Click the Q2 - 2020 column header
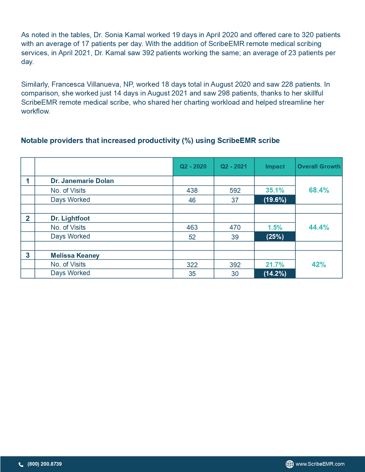point(193,166)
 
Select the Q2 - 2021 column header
point(234,166)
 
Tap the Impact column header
point(275,166)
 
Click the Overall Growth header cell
point(319,166)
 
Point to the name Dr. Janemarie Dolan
point(82,181)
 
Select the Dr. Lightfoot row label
point(70,218)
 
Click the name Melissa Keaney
point(75,255)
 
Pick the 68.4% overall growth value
point(319,190)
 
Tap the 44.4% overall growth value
point(319,227)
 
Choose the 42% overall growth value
point(319,265)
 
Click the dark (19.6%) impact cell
point(275,200)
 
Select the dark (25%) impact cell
point(275,237)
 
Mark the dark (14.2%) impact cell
point(275,273)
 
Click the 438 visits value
point(192,191)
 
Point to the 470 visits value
point(235,227)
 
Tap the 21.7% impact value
point(275,265)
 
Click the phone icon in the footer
point(21,464)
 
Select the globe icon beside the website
point(290,464)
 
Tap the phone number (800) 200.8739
point(45,464)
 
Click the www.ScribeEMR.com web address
point(320,464)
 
